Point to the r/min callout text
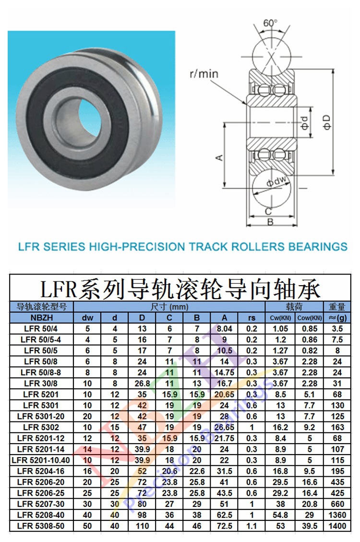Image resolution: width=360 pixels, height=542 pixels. tap(204, 73)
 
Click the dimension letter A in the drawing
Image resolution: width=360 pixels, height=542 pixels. tap(218, 157)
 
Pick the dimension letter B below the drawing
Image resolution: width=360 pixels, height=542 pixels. tap(270, 222)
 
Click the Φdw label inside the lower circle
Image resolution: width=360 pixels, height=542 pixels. tap(277, 182)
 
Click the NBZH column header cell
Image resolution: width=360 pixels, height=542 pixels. tap(42, 318)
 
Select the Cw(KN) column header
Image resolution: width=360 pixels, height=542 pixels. tap(281, 318)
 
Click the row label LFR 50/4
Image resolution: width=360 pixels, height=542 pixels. tap(42, 329)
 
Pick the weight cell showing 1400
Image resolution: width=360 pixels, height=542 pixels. tap(337, 526)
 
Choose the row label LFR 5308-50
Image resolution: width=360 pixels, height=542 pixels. tap(42, 526)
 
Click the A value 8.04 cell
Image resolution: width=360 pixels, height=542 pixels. tap(224, 329)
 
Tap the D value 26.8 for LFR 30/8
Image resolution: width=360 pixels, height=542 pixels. tap(143, 384)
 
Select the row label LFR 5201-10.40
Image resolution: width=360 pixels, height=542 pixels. tap(42, 460)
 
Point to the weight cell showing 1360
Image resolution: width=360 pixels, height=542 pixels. tap(337, 515)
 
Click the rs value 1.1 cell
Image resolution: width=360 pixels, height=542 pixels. tap(252, 526)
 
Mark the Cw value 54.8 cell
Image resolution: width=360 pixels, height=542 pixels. tap(281, 515)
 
